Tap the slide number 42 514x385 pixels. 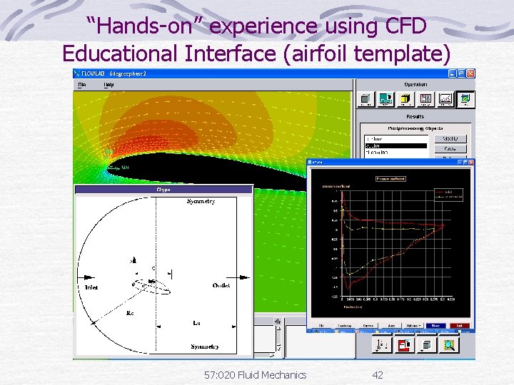tap(378, 374)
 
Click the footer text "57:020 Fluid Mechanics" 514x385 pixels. tap(254, 374)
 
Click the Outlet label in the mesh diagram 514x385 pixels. tap(221, 285)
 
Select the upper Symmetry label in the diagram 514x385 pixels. tap(201, 202)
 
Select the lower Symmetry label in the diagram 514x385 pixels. tap(204, 347)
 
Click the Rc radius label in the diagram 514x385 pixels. tap(130, 313)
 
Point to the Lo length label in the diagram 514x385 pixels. tap(196, 323)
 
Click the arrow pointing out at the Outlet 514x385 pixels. tap(240, 277)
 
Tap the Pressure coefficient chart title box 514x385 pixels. tap(390, 179)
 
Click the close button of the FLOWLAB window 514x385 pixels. tap(470, 73)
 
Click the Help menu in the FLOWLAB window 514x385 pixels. tap(109, 84)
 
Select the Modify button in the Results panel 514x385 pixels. tap(454, 139)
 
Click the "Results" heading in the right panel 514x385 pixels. tap(415, 116)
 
